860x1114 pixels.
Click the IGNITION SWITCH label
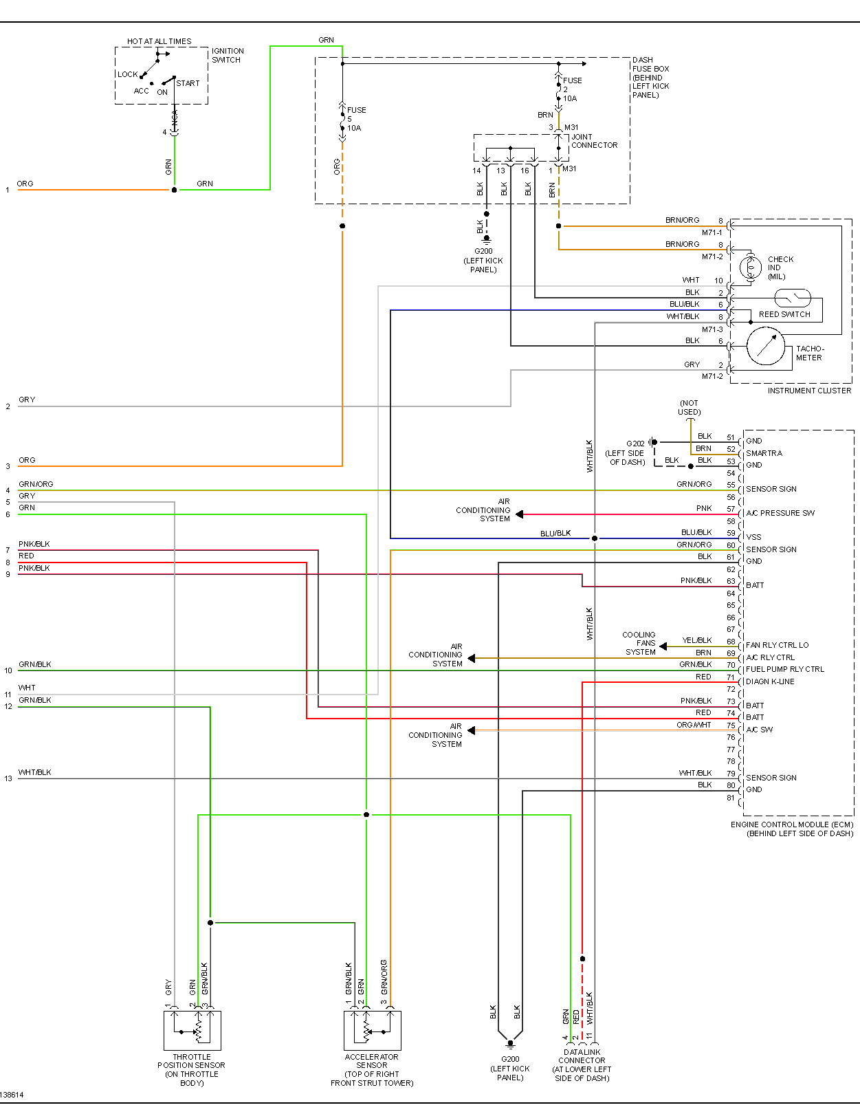[228, 55]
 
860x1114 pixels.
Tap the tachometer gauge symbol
[766, 346]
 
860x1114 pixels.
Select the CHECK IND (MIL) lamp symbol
[751, 267]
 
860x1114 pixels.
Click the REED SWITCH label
[784, 314]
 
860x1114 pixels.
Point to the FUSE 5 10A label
[355, 119]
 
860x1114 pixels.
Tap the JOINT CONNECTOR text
[594, 141]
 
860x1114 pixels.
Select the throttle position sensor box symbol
[192, 1030]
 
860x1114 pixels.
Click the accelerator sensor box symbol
[373, 1030]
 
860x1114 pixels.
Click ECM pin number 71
[730, 677]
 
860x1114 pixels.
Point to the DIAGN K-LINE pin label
[770, 681]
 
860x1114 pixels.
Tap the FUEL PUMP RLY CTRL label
[785, 669]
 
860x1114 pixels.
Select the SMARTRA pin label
[764, 453]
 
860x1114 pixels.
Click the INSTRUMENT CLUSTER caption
[809, 391]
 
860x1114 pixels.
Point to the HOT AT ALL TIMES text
[159, 41]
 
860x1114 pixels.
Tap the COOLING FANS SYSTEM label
[639, 643]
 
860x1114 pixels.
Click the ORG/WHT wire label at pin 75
[694, 725]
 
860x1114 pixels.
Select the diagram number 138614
[12, 1095]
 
